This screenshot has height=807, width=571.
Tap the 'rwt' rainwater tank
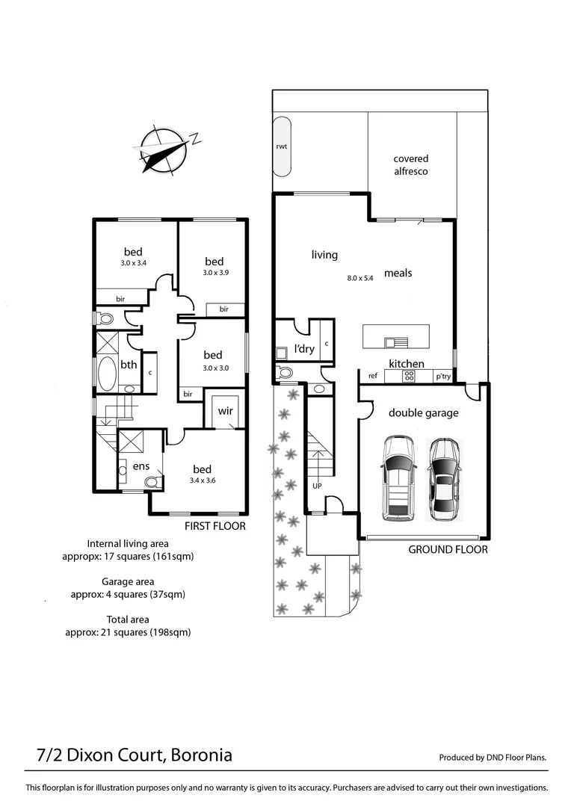[282, 147]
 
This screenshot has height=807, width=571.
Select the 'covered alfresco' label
[411, 164]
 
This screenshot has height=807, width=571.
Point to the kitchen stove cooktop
[409, 377]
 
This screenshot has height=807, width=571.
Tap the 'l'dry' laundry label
[303, 349]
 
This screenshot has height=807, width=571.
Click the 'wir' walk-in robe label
[225, 411]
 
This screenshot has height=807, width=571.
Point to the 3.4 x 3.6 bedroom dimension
[203, 480]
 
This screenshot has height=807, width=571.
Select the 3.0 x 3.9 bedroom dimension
[214, 273]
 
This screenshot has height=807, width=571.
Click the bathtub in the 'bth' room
[108, 373]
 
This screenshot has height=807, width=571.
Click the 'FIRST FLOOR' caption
[216, 526]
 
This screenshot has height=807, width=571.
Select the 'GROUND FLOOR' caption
[448, 549]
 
